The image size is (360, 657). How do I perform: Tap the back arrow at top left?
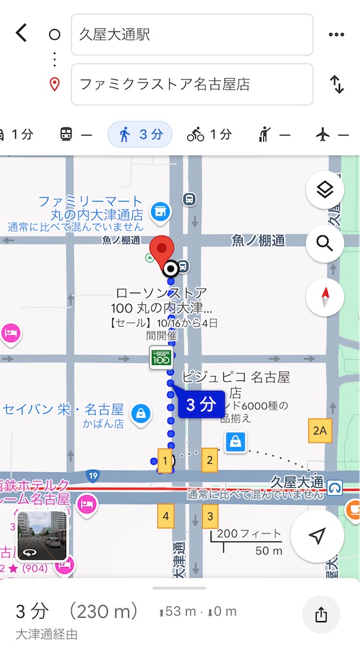pos(21,33)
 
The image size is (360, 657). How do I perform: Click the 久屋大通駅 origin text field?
pos(192,35)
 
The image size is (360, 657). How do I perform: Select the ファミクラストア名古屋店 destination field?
pos(192,84)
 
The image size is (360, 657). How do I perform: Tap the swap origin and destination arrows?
pos(337,84)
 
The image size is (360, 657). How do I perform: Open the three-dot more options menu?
pos(336,35)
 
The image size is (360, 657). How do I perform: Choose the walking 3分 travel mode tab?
pos(140,134)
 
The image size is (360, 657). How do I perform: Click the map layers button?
pos(325,190)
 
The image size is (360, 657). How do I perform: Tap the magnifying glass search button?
pos(325,244)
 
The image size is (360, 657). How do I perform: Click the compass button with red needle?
pos(325,297)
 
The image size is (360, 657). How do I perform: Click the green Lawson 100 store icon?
pos(161,357)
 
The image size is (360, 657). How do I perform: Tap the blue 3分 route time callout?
pos(200,405)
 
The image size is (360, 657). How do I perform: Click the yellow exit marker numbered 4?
pos(166,515)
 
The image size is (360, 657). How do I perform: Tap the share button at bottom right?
pos(321,615)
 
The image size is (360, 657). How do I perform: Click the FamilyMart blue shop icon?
pos(159,210)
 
